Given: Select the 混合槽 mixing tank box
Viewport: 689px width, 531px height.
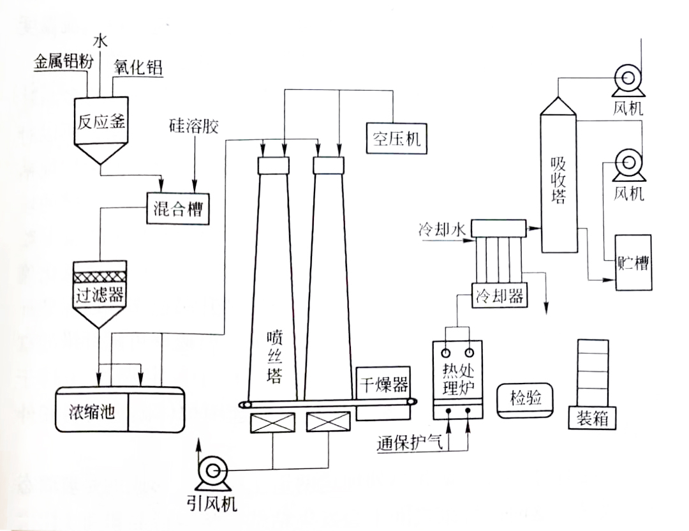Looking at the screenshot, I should point(178,207).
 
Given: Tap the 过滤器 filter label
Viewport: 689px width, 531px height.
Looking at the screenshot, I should point(98,295).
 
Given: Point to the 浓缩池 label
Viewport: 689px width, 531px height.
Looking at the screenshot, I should point(91,411).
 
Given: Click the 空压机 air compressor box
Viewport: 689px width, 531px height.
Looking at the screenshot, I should point(396,138).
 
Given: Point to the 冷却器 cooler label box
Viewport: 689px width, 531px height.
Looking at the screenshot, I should point(500,296).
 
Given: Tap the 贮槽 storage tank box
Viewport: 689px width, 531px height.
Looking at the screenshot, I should point(633,262).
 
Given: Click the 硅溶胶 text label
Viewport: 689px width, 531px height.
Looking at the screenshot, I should point(194,125).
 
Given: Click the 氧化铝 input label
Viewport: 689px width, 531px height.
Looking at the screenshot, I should point(138,67).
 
